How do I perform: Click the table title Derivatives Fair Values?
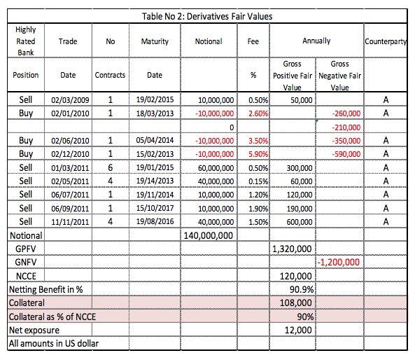[207, 16]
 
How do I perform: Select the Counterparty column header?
[386, 41]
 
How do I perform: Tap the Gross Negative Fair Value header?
[339, 76]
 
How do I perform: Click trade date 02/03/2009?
[70, 100]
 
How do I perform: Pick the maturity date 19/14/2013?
[155, 181]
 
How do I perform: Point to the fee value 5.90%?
[258, 154]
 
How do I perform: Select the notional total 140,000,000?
[209, 235]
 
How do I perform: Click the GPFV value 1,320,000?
[292, 249]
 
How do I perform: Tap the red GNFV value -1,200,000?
[339, 262]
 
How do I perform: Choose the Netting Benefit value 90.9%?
[302, 289]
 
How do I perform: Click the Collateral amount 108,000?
[296, 303]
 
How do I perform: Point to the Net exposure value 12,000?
[298, 330]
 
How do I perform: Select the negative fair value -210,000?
[346, 127]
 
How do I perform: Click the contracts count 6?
[111, 167]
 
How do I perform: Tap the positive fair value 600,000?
[300, 222]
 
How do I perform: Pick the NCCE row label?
[26, 276]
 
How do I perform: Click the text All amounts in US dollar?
[54, 344]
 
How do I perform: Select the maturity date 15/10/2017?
[155, 208]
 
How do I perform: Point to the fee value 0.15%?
[258, 181]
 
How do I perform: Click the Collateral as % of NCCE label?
[52, 317]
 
